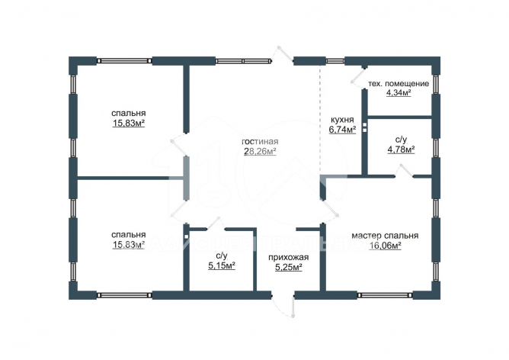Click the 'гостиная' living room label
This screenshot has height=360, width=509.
click(260, 142)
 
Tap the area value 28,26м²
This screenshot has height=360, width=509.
click(260, 151)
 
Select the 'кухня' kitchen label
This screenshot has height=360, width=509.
click(342, 120)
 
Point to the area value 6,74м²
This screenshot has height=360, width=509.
click(342, 130)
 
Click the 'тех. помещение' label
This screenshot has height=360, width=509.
click(399, 83)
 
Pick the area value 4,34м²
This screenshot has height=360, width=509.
click(399, 93)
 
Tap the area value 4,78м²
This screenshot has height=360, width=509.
click(402, 149)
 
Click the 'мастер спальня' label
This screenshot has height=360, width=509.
click(385, 236)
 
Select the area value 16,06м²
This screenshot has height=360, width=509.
click(386, 246)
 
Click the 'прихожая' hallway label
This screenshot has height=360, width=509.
click(288, 258)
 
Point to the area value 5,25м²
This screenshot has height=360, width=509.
click(289, 268)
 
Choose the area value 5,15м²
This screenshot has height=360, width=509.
click(222, 265)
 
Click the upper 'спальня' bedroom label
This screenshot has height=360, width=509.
click(129, 114)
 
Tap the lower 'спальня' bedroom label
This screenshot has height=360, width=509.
click(129, 235)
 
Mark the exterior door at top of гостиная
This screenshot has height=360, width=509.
click(283, 56)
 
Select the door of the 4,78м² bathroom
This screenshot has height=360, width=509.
click(405, 172)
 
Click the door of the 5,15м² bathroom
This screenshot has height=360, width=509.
click(216, 223)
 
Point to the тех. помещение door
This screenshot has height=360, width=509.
click(359, 77)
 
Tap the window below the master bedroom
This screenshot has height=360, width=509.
click(385, 295)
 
